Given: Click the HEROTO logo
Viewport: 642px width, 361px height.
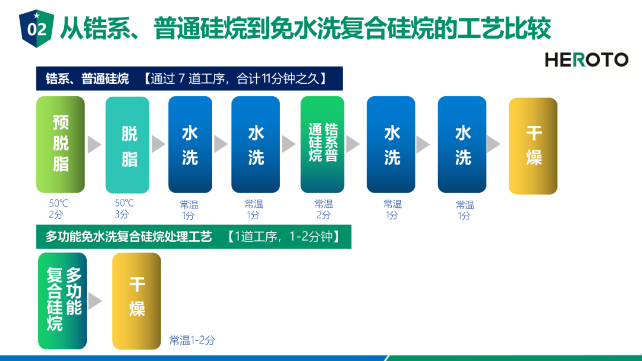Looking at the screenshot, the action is pos(586,60).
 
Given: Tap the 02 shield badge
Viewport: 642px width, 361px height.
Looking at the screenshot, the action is pos(36,28).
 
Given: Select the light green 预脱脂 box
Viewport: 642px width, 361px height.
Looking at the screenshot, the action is pos(61,144).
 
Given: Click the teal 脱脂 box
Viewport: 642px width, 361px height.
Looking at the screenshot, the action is pos(127,145).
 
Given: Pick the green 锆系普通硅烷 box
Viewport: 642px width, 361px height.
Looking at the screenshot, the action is pos(322,144).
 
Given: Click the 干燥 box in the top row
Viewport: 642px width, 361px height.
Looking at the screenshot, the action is pos(533,146).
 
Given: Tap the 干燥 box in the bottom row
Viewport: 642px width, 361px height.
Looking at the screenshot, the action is pos(137,301).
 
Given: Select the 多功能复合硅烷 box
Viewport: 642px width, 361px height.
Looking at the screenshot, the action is pos(62,301).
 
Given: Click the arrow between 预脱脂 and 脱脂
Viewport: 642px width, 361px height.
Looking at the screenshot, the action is pos(95,144).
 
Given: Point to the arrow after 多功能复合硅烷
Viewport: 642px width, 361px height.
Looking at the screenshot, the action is pos(95,301).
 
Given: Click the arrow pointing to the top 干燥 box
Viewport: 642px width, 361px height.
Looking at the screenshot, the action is pos(493,144).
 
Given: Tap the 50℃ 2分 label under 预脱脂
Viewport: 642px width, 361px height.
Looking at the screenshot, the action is pos(58,208).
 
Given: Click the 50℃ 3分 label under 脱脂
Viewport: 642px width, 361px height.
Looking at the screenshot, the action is pos(124,208).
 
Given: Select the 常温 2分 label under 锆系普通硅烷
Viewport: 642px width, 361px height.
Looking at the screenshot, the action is pos(323,210).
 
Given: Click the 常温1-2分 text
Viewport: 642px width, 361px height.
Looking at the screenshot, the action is pos(192,340).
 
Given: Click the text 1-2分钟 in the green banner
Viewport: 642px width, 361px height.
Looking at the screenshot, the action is pos(311,236).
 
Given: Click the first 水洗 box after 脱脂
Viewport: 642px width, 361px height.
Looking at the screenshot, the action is pos(190,144).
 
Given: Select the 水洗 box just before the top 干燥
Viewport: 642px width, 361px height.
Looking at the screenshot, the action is pos(462,144).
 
